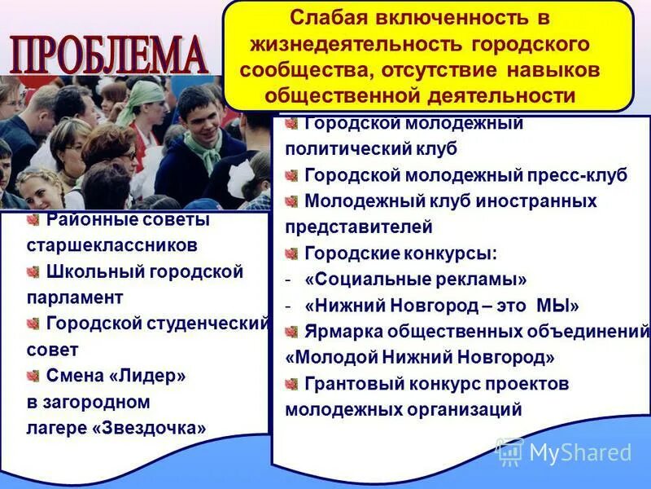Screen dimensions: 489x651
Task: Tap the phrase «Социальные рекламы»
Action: click(x=416, y=280)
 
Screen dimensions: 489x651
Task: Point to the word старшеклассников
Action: click(x=112, y=244)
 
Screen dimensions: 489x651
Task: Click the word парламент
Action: click(x=75, y=297)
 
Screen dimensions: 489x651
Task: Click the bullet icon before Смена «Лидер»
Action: click(x=33, y=376)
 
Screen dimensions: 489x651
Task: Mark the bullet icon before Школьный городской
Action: click(x=33, y=271)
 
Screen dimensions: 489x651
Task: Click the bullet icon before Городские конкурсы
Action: click(x=291, y=253)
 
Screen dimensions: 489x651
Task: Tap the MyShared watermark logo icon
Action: click(x=510, y=452)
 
